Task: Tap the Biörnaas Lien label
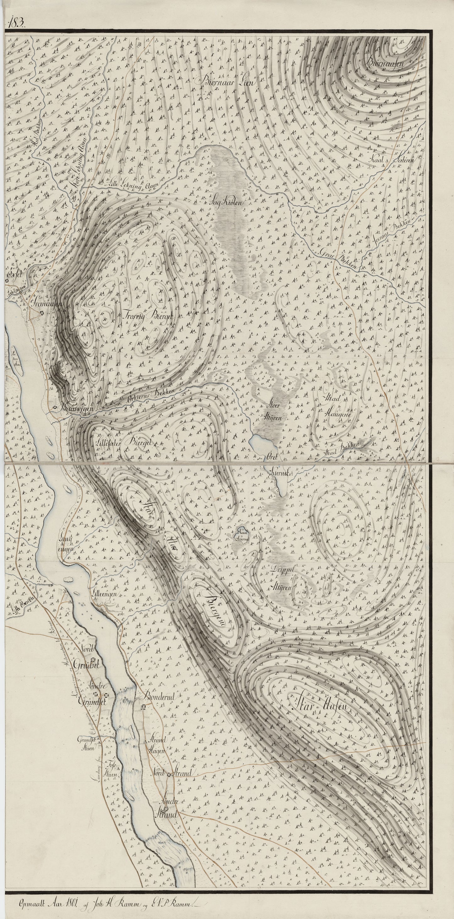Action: click(224, 82)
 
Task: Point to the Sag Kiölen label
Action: click(229, 202)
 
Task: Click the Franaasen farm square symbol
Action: click(42, 313)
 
